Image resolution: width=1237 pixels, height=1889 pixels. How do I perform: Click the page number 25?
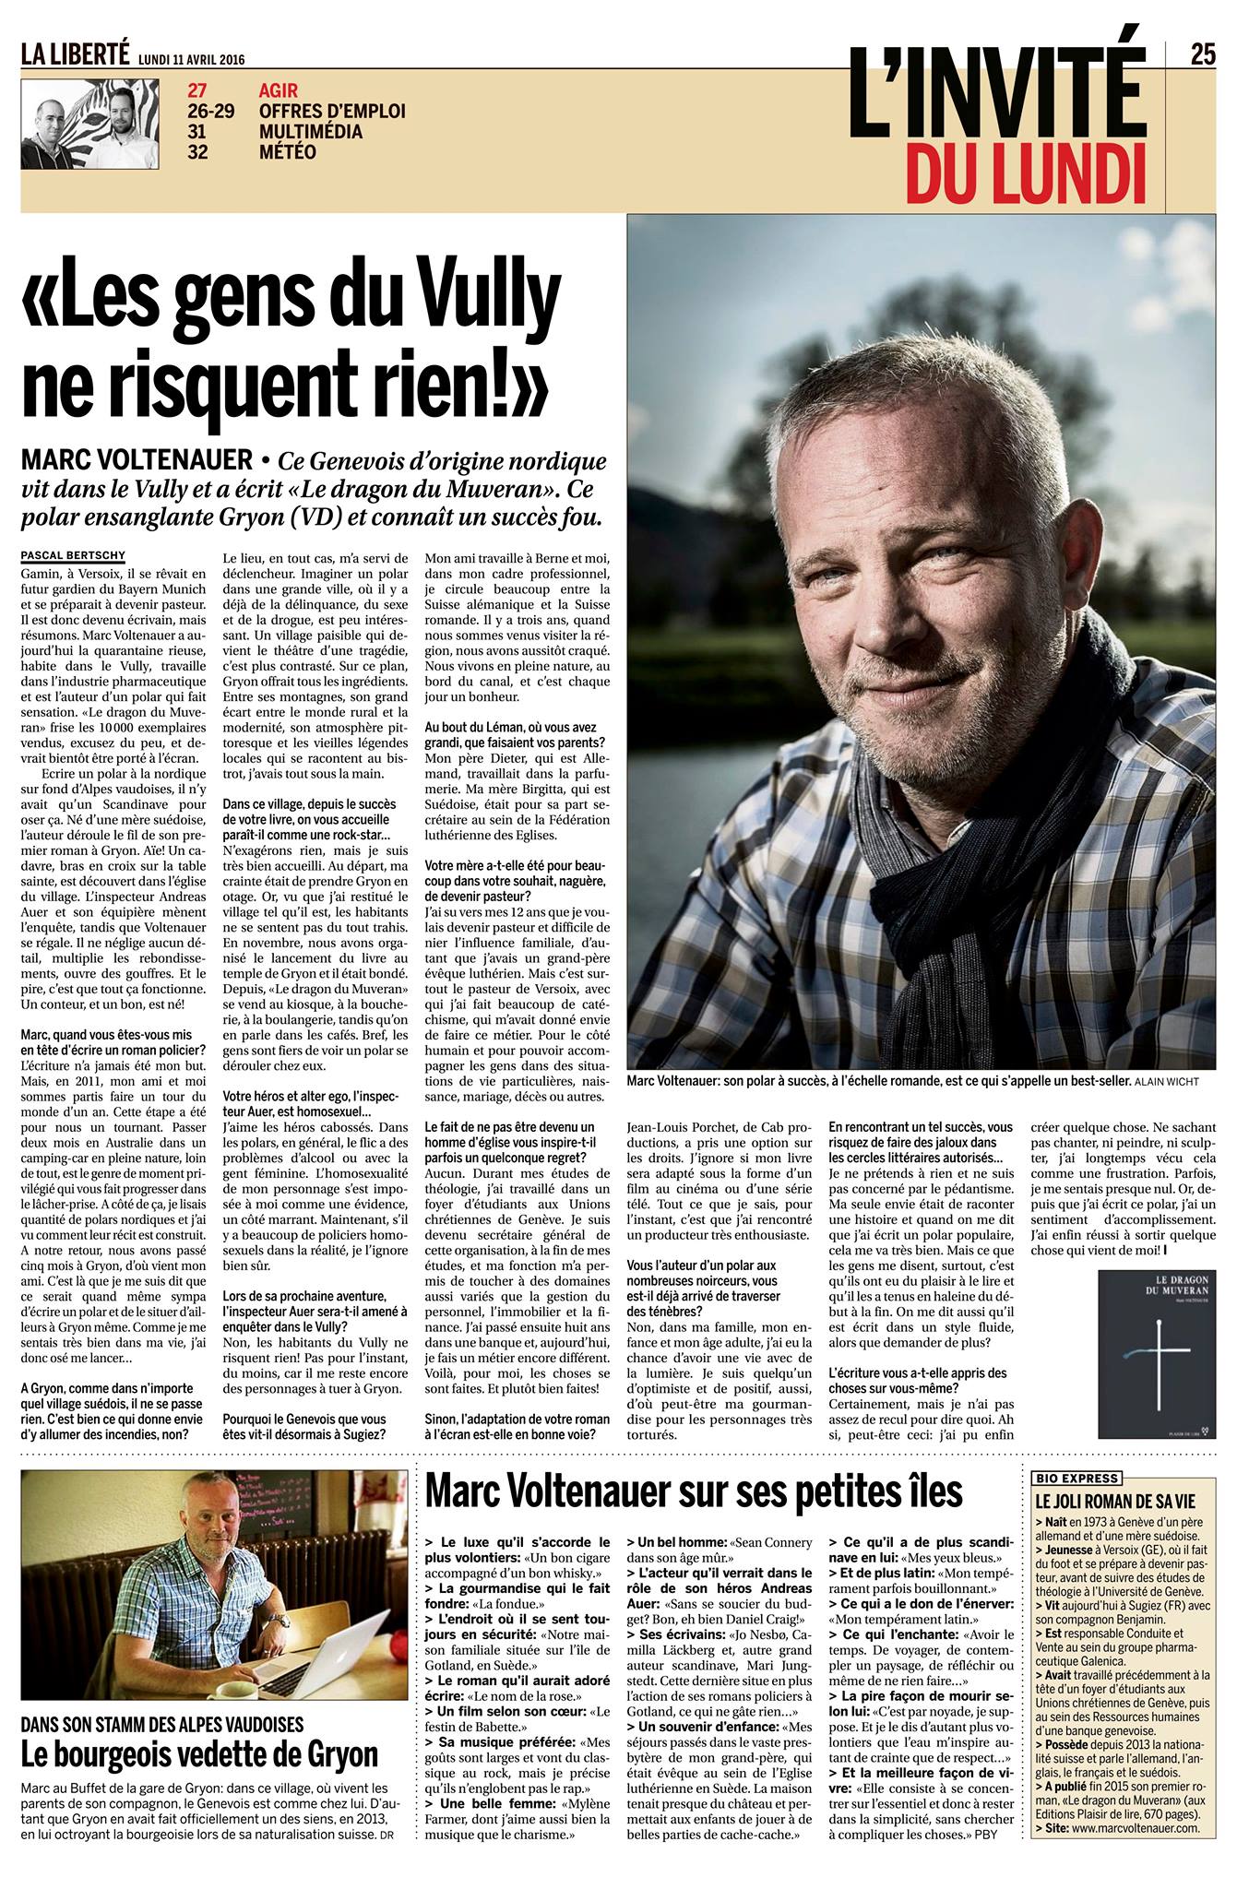[x=1204, y=55]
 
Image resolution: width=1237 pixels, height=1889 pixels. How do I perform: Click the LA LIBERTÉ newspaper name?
[x=76, y=56]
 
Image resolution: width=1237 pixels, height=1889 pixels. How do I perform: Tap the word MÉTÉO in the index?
[x=288, y=152]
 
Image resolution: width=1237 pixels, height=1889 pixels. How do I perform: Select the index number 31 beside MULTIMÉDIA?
[x=197, y=132]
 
